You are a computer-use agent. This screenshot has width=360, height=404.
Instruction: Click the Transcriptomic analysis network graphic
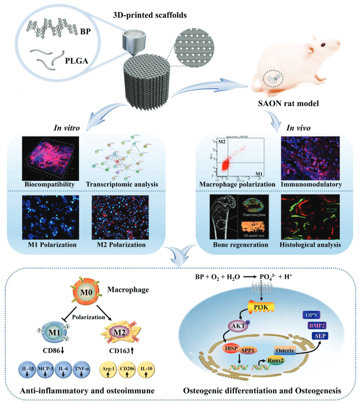click(x=123, y=156)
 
